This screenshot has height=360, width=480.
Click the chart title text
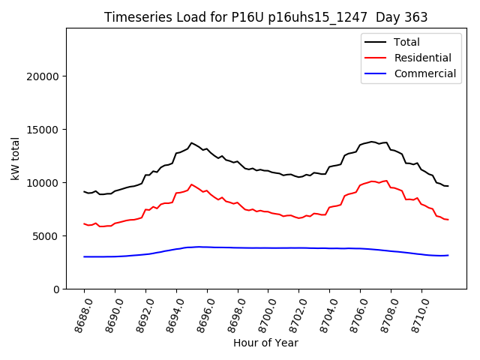(265, 17)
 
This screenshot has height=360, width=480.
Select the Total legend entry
(407, 42)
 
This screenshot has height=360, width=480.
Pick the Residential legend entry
(422, 58)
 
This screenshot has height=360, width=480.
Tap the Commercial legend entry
(424, 73)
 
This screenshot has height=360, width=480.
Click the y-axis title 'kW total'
(15, 158)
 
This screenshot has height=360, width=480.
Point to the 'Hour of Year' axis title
(265, 343)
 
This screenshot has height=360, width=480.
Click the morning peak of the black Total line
(191, 142)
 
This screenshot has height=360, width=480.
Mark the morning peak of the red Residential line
(191, 184)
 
